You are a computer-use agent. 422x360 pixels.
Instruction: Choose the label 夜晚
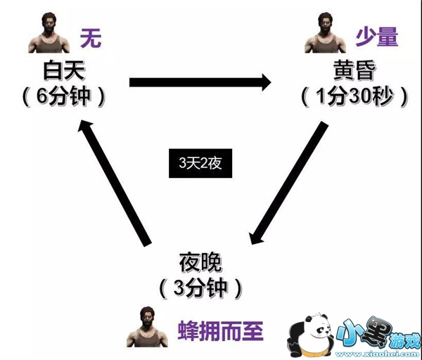pos(201,264)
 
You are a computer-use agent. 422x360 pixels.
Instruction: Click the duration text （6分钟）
pos(63,96)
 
